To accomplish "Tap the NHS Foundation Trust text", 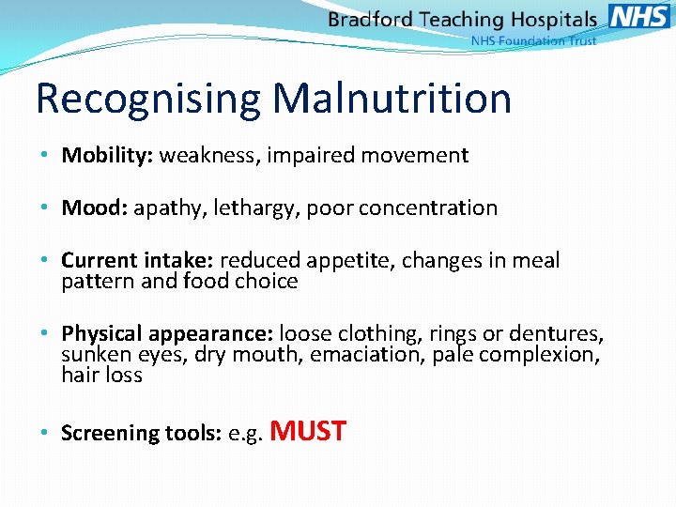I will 532,41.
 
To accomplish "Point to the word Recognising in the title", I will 150,99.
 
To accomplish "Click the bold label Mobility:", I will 107,156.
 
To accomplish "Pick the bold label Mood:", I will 94,208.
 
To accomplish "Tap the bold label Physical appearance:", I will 167,334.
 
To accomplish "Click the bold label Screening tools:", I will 141,434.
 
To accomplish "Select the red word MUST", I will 308,432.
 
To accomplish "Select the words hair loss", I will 101,376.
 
